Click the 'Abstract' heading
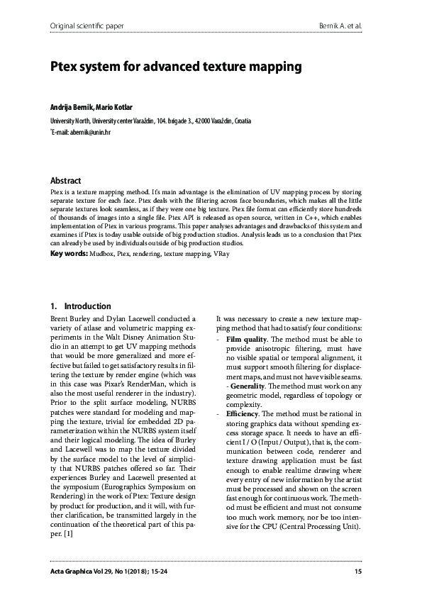point(65,181)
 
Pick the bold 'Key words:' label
point(68,252)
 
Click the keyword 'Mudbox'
point(102,252)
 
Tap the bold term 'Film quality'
point(246,340)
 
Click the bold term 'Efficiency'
point(245,413)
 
